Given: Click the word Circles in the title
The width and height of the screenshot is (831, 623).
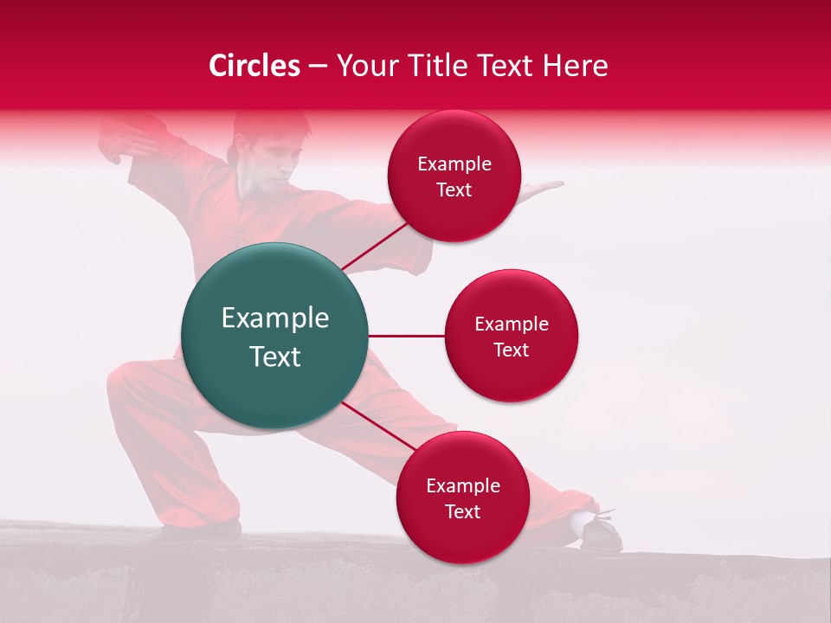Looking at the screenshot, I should (x=254, y=66).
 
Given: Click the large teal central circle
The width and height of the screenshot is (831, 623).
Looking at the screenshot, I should (x=275, y=336).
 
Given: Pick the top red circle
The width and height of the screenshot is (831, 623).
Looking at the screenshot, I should (x=454, y=177).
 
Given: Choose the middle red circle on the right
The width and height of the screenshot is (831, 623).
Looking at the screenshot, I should (x=511, y=336).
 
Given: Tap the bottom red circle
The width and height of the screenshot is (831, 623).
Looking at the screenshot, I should (x=462, y=498).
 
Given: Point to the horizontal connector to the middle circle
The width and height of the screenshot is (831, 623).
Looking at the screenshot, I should (x=407, y=336).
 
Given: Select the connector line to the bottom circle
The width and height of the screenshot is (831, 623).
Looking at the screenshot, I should (x=379, y=427).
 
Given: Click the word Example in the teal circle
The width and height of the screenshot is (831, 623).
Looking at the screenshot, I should (x=275, y=318).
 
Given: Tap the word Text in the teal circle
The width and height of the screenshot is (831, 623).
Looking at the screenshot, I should (x=275, y=356).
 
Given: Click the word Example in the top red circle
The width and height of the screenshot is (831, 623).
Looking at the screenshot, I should (x=454, y=164).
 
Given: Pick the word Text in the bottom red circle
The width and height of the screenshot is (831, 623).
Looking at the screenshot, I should (x=462, y=511).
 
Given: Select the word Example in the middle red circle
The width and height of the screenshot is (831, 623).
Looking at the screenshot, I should (x=511, y=324).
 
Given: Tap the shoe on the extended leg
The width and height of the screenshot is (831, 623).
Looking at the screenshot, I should (x=600, y=530).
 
